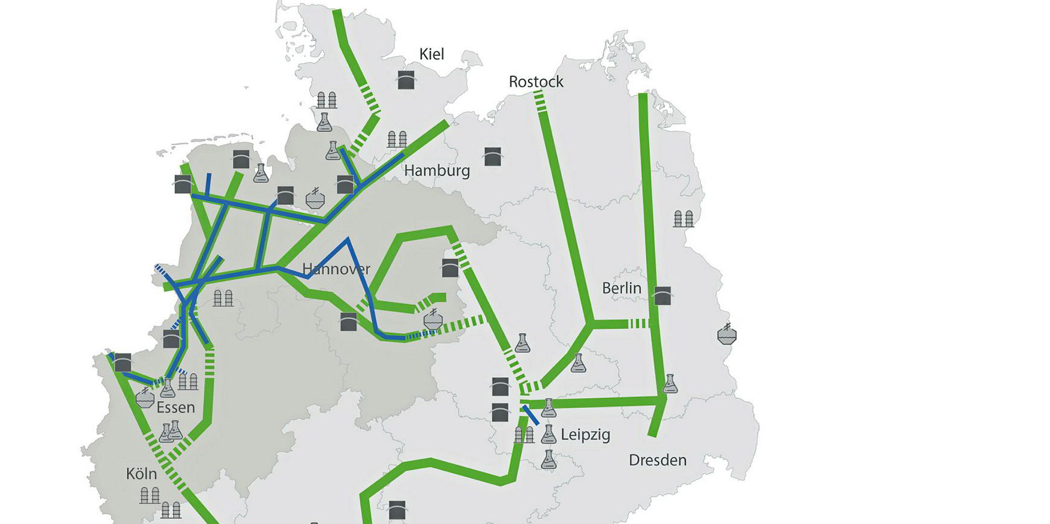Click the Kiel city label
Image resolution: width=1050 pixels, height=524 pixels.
coord(431,54)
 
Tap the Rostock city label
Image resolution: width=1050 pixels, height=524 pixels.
coord(536,82)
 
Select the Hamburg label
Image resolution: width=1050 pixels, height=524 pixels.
coord(437,170)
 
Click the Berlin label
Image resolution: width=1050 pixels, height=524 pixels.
coord(622,288)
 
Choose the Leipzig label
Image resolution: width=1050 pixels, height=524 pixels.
coord(585,435)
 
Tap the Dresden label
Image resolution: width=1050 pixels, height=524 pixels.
coord(657,460)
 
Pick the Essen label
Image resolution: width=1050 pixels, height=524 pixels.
coord(176,408)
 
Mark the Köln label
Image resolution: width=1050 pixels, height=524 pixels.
coord(142,474)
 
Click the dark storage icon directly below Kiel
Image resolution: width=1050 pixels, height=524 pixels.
coord(406,80)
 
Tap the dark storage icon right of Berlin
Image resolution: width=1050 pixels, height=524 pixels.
coord(662,296)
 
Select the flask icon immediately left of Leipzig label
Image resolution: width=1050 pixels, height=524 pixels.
coord(548,434)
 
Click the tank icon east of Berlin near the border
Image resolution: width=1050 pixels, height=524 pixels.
coord(727,334)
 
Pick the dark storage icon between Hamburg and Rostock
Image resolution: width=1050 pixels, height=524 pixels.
coord(493,156)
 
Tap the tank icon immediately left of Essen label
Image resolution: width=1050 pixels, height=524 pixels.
coord(145,398)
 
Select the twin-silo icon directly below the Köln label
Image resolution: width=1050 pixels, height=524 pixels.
coord(150,496)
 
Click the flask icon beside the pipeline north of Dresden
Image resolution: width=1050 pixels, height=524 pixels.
coord(669,384)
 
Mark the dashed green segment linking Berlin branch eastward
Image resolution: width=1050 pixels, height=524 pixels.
coord(637,324)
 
